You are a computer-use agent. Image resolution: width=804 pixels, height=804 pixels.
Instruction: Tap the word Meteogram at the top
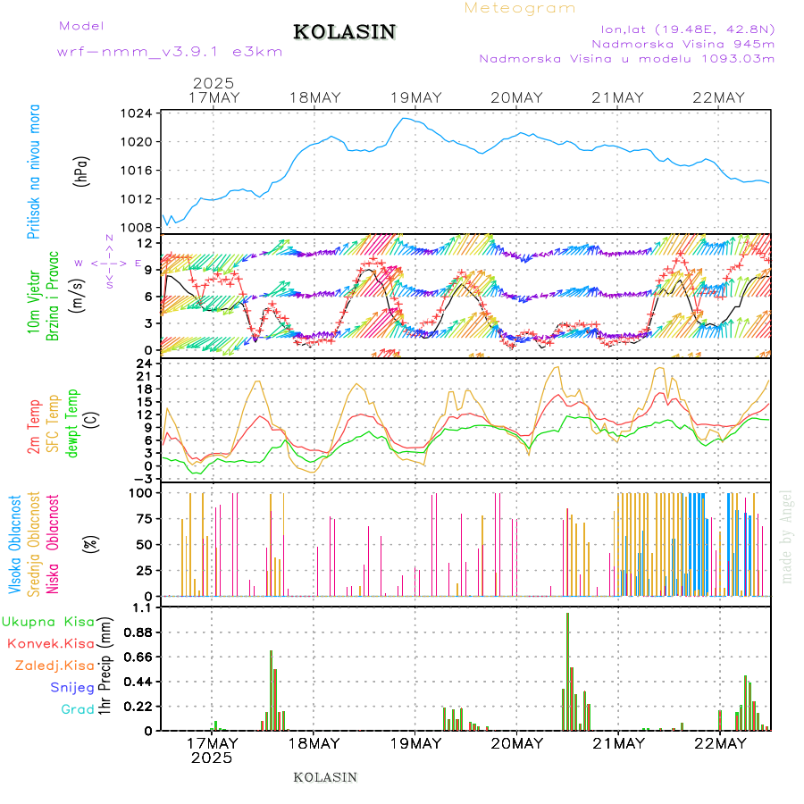520,8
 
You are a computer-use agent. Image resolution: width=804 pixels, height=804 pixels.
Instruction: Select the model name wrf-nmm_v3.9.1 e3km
170,52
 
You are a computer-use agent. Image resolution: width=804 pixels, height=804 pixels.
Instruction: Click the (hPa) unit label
81,171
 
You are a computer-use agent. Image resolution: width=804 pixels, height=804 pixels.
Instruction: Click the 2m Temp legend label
33,426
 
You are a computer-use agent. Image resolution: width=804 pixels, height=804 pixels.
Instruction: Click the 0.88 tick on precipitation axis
138,632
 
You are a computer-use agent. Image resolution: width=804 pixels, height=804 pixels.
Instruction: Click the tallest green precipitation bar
567,670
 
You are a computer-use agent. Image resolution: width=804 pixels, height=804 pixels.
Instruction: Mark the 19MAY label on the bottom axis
415,743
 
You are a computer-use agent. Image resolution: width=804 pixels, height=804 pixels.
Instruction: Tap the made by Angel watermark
786,536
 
